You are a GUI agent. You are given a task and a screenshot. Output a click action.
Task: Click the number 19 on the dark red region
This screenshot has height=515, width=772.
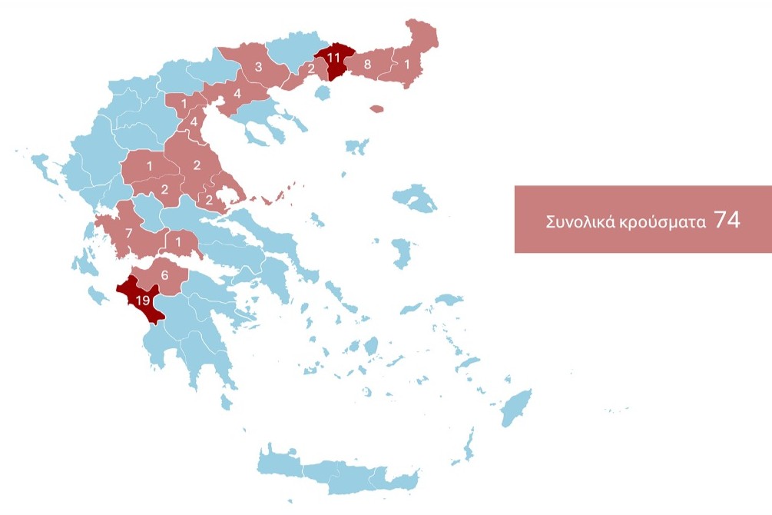(x=142, y=301)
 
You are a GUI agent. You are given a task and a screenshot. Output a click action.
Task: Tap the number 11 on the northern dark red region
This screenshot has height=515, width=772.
(x=333, y=58)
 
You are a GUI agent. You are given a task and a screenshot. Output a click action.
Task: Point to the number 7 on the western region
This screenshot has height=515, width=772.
(x=129, y=233)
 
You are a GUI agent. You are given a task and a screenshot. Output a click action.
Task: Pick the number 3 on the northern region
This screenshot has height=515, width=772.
(x=258, y=67)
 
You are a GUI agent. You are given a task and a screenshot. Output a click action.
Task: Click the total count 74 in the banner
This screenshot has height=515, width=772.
(x=727, y=220)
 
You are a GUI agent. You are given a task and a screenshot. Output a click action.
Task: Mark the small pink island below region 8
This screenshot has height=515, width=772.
(x=376, y=109)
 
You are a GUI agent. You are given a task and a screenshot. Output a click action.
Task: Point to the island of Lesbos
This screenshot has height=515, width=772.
(x=416, y=198)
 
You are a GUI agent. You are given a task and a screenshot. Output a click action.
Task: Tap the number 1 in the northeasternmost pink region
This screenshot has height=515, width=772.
(x=407, y=65)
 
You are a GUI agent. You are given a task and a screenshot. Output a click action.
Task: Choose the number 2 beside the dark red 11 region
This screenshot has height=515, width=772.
(x=311, y=69)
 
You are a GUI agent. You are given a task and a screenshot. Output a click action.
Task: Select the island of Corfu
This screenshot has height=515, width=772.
(x=42, y=165)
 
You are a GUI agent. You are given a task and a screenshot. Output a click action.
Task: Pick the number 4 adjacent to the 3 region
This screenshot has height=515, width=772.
(x=237, y=95)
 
